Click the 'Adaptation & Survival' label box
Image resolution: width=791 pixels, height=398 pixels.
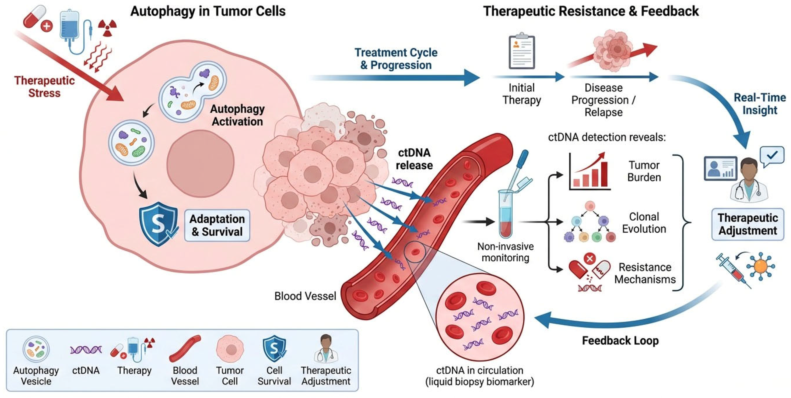click(217, 225)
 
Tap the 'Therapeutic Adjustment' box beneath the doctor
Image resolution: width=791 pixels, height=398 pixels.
click(748, 224)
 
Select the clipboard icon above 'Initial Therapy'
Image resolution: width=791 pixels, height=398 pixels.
click(522, 52)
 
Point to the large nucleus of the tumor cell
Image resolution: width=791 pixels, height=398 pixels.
click(201, 163)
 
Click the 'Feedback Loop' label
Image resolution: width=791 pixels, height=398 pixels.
click(620, 341)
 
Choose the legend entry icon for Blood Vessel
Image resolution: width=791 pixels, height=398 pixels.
click(185, 348)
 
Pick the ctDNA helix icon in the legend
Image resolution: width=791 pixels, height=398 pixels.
click(86, 349)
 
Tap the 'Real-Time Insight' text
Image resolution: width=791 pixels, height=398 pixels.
click(760, 104)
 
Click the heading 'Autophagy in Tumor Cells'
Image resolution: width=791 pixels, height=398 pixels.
click(208, 11)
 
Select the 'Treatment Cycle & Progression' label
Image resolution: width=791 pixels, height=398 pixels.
click(396, 59)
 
